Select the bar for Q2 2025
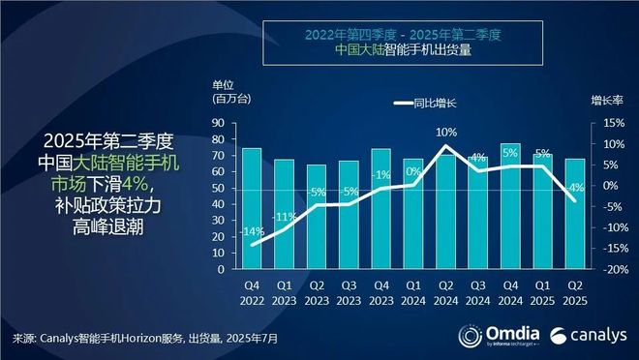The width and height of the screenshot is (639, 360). tap(574, 214)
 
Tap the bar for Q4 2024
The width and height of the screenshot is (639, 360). tap(510, 206)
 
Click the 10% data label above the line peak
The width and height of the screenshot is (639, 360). tap(445, 132)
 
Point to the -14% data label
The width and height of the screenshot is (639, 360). tap(252, 232)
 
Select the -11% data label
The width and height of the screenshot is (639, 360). tap(285, 216)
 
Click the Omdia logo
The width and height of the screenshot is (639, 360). tap(492, 337)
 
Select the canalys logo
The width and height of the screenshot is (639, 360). tap(586, 337)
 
